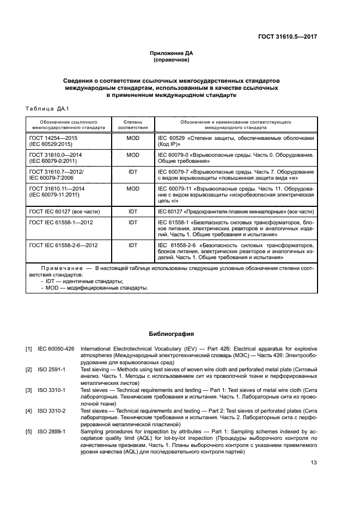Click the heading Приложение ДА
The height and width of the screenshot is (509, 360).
click(x=172, y=53)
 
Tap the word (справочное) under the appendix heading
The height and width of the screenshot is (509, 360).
click(x=172, y=60)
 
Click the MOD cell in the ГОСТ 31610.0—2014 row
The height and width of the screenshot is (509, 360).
click(x=133, y=155)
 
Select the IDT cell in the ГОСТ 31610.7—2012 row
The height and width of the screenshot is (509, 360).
click(x=133, y=171)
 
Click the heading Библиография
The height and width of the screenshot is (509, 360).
click(x=172, y=333)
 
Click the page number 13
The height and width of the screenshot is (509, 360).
click(x=313, y=463)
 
